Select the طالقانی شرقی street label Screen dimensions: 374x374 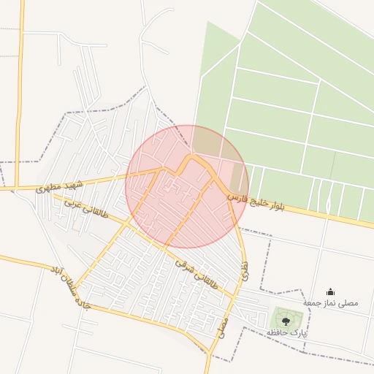coord(197,271)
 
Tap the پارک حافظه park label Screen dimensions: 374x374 coord(287,332)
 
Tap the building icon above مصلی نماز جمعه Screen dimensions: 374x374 coord(330,291)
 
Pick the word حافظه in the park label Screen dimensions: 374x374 coord(276,332)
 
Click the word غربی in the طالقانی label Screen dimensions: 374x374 coord(73,204)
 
